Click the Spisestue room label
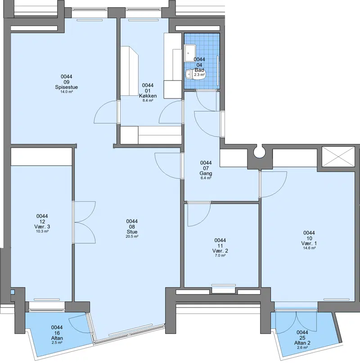click(66, 87)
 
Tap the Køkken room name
click(148, 96)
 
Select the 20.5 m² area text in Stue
click(132, 237)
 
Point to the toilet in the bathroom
click(194, 74)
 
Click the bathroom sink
click(190, 53)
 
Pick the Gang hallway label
click(206, 173)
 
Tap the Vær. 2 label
click(220, 251)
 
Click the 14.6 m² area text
click(309, 248)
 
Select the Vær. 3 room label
click(42, 227)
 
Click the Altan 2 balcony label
click(302, 343)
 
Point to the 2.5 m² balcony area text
click(57, 342)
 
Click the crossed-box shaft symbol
click(338, 157)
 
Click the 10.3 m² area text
click(42, 231)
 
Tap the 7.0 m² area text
click(220, 255)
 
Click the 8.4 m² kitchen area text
click(148, 100)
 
